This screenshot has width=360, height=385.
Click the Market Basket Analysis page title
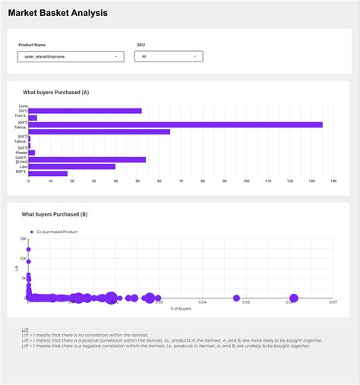coord(58,13)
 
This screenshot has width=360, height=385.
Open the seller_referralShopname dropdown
coord(70,56)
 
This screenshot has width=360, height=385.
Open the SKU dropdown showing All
coord(169,56)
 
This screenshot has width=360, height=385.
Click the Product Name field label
coord(32,45)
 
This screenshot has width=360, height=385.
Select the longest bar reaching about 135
coord(175,125)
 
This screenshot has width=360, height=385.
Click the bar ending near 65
coord(99,132)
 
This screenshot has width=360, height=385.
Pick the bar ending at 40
coord(72,166)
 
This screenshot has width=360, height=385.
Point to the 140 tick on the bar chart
coord(333,181)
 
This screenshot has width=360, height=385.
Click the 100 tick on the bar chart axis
coord(245,181)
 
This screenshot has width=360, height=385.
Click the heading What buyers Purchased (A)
coord(56,92)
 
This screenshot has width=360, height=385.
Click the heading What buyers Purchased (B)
coord(55,214)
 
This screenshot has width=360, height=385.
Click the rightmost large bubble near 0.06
coord(293,298)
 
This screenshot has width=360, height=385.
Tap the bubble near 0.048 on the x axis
coord(236,298)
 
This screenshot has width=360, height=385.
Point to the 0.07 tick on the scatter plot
coord(332,302)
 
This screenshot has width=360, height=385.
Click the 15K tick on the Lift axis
coord(24,238)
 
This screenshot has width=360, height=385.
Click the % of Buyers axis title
coord(181,308)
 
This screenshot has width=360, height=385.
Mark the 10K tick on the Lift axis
coord(24,258)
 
